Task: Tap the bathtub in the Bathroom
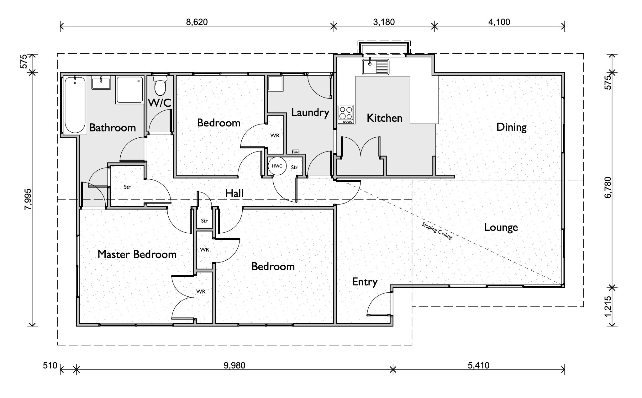tap(75, 105)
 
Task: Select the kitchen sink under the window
tap(376, 67)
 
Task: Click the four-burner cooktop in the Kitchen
tap(345, 114)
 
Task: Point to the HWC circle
tap(277, 166)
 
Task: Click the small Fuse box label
tap(295, 152)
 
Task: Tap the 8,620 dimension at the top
tap(197, 22)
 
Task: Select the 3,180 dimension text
tap(384, 22)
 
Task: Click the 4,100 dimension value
tap(499, 22)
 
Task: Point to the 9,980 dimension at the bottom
tap(234, 365)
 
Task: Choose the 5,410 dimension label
tap(479, 365)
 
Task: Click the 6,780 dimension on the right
tap(608, 188)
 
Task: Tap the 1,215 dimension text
tap(608, 306)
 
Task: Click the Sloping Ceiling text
tap(437, 231)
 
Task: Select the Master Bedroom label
tap(137, 254)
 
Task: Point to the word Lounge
tap(501, 227)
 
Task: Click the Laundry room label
tap(310, 112)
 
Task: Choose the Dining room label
tap(511, 127)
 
